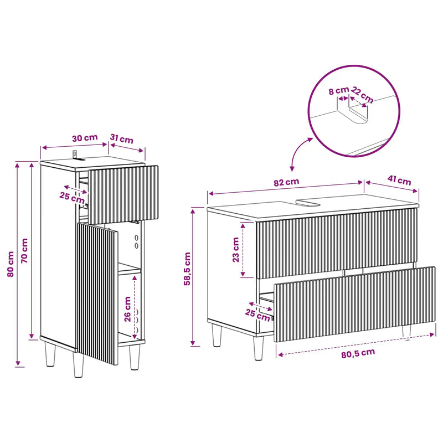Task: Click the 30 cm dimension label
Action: pos(85,138)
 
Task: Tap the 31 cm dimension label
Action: pos(121,139)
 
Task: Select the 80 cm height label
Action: pos(11,264)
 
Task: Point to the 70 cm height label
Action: pos(24,251)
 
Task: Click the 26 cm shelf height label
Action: pos(127,309)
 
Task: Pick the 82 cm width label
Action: pos(286,182)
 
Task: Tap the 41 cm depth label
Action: pos(399,180)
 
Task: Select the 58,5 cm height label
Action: pos(187,269)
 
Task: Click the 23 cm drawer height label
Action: pos(236,250)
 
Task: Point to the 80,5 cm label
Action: pos(358,353)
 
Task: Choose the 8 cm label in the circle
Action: pos(338,91)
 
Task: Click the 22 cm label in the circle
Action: pos(363,95)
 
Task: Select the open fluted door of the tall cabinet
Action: pos(96,293)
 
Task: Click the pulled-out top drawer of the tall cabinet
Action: pos(123,195)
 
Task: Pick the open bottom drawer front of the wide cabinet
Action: pos(354,304)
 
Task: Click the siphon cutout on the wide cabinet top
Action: pos(308,203)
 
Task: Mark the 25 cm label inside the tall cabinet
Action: pos(72,197)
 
